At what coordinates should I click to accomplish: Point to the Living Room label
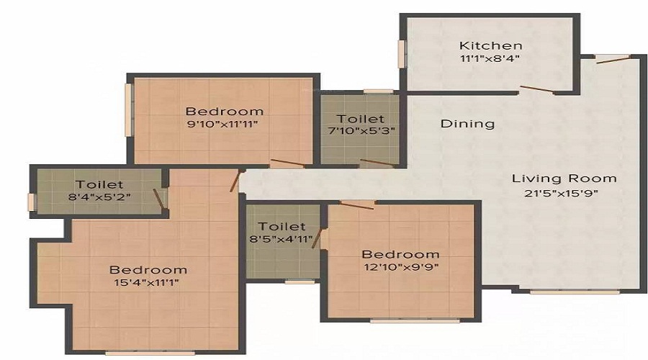[564, 179]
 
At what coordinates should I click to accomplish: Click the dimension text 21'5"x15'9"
[564, 192]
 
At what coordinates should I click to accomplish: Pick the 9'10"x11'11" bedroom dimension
[224, 124]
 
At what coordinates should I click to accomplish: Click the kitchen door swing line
[536, 90]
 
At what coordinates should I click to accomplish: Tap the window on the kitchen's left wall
[402, 54]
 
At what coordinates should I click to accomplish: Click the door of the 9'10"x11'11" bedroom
[287, 163]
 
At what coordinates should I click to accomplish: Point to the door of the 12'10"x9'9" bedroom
[357, 205]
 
